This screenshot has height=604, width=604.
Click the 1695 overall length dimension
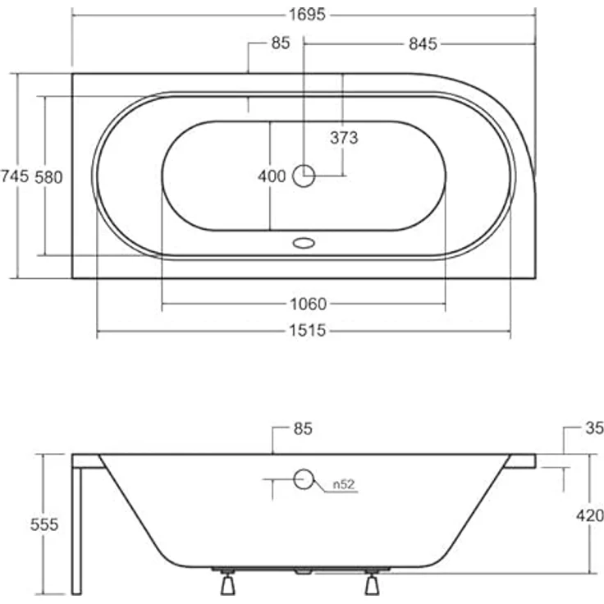307,15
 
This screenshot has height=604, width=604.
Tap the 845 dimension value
423,44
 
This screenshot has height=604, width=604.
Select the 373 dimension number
344,138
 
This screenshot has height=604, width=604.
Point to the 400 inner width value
272,176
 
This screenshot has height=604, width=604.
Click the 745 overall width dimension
15,176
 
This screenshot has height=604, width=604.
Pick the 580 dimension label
48,177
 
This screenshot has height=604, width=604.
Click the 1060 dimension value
309,304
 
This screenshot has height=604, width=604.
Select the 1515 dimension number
308,331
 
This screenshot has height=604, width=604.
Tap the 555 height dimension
44,524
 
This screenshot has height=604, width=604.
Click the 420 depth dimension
590,515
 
